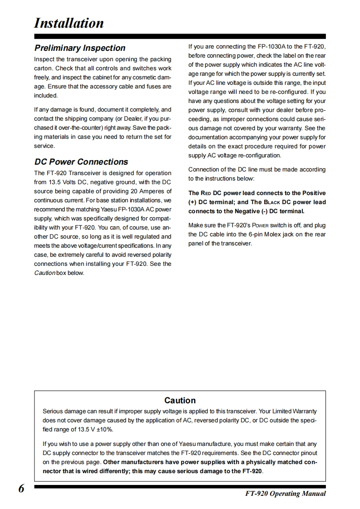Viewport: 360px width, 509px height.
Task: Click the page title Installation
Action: pos(69,23)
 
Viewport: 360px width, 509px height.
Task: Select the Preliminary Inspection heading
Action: pos(80,48)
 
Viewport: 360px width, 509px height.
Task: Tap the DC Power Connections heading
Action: pos(81,162)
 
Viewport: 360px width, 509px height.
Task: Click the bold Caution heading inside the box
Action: pos(180,401)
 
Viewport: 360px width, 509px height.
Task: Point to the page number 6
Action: pos(22,489)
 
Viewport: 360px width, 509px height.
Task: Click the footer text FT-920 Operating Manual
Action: pos(282,494)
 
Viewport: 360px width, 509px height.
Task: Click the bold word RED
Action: pos(207,193)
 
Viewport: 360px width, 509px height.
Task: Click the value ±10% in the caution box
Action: pos(104,429)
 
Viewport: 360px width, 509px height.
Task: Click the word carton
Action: pos(44,68)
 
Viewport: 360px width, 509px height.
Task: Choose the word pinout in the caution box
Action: pos(306,453)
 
